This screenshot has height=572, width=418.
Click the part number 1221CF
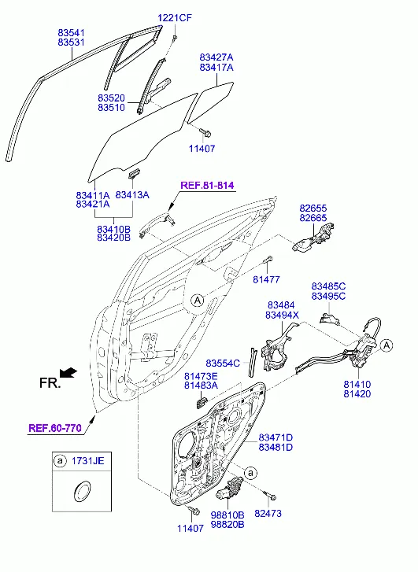pos(175,17)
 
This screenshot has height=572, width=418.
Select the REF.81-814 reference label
pos(207,185)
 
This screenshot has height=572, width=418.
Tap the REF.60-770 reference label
pos(55,427)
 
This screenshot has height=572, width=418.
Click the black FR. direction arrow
pos(68,373)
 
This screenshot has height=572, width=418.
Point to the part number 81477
pos(267,279)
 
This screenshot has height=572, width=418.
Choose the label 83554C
pos(223,363)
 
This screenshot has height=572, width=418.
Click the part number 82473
pos(268,513)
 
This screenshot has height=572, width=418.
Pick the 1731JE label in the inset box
pos(87,461)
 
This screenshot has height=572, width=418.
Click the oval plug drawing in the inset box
pos(81,491)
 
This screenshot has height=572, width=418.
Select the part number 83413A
pos(132,195)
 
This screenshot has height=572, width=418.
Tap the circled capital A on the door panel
pos(198,301)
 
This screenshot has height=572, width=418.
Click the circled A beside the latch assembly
pos(387,345)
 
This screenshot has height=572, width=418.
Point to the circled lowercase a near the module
pos(250,473)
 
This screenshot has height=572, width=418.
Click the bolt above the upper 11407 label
pos(205,132)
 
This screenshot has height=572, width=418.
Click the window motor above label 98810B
pos(229,488)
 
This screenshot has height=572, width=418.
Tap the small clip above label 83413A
pos(134,174)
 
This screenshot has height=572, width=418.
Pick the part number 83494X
pos(282,315)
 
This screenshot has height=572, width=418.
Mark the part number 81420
pos(357,394)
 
